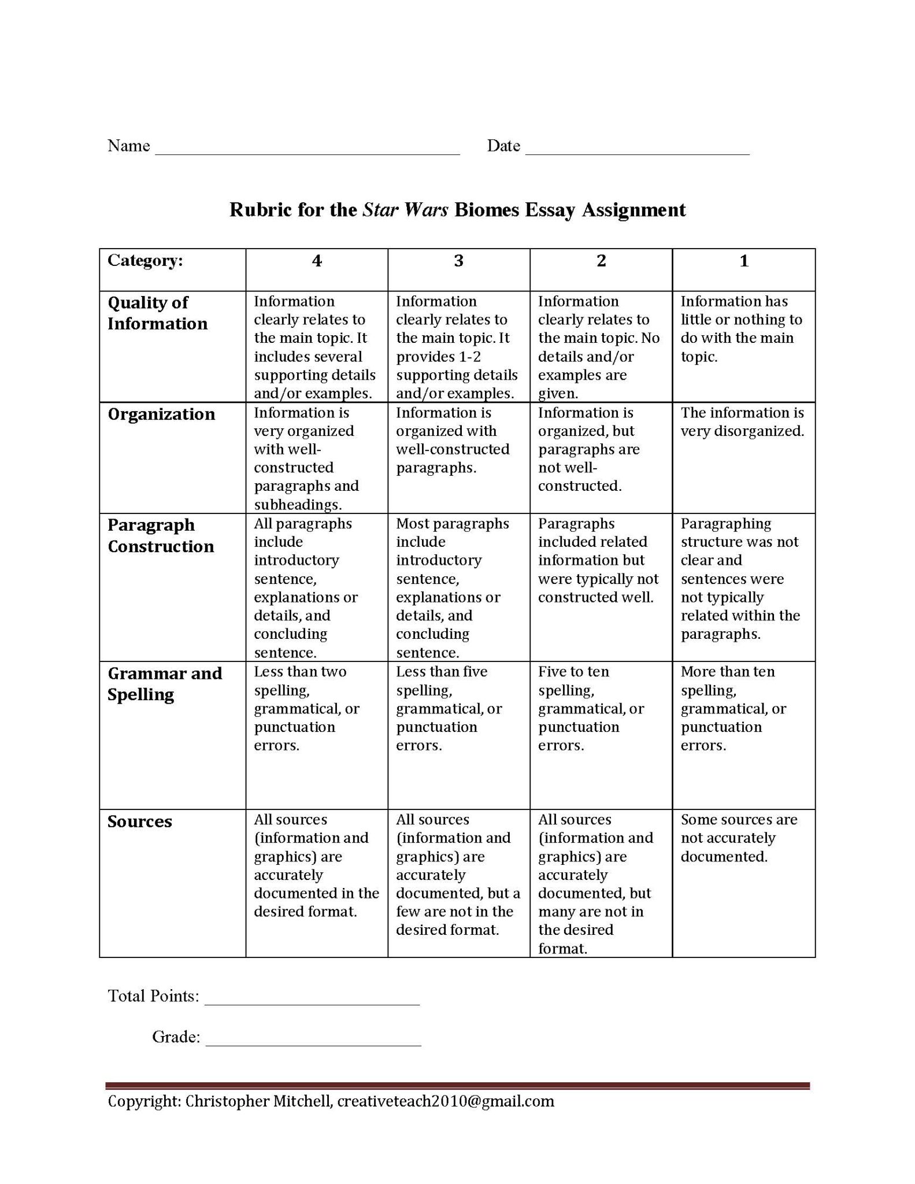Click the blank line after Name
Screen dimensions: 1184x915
pyautogui.click(x=307, y=151)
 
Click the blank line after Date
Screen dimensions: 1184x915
pyautogui.click(x=637, y=151)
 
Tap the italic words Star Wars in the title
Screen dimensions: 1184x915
pyautogui.click(x=405, y=209)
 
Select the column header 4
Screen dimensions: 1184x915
pyautogui.click(x=317, y=261)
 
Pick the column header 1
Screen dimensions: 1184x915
pyautogui.click(x=744, y=261)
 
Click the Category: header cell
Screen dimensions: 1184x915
pyautogui.click(x=145, y=261)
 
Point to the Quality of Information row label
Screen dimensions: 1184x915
pyautogui.click(x=157, y=313)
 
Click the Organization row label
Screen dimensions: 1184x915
pyautogui.click(x=161, y=414)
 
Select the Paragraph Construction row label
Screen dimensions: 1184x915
pyautogui.click(x=161, y=535)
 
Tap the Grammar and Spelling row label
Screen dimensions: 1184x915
pyautogui.click(x=165, y=683)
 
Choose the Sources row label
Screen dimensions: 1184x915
pyautogui.click(x=140, y=822)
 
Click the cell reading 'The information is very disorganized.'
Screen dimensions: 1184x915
pyautogui.click(x=742, y=422)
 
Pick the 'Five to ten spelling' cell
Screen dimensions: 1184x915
pyautogui.click(x=591, y=708)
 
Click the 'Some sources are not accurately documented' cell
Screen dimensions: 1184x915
pyautogui.click(x=739, y=838)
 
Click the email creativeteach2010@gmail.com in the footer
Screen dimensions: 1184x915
pyautogui.click(x=446, y=1101)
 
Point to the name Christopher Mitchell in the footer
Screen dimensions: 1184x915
pyautogui.click(x=258, y=1101)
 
